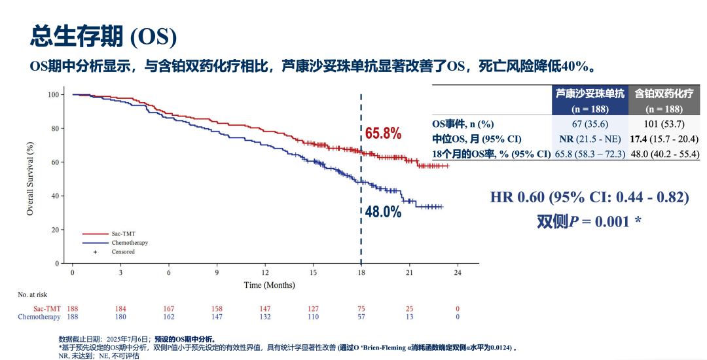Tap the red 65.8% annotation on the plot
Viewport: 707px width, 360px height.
coord(383,134)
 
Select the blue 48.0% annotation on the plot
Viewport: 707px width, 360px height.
coord(383,212)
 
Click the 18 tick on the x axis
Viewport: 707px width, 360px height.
coord(361,272)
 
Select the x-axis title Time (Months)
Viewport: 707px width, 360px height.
coord(269,285)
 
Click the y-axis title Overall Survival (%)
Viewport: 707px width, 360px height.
coord(30,179)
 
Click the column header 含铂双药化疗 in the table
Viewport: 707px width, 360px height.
coord(664,94)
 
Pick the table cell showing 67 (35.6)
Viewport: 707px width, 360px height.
coord(590,124)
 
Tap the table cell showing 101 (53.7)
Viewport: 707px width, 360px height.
coord(664,124)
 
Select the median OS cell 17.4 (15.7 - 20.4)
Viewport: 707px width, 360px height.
coord(664,139)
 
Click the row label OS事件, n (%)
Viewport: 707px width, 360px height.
coord(464,124)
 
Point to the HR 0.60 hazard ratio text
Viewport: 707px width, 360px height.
coord(589,198)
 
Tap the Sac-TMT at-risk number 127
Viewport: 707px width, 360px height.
coord(313,309)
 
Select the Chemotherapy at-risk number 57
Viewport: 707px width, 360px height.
coord(361,317)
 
